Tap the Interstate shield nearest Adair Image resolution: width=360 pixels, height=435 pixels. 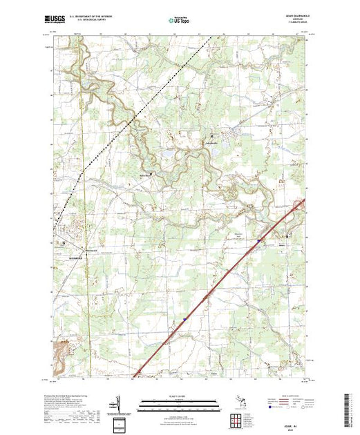point(259,240)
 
